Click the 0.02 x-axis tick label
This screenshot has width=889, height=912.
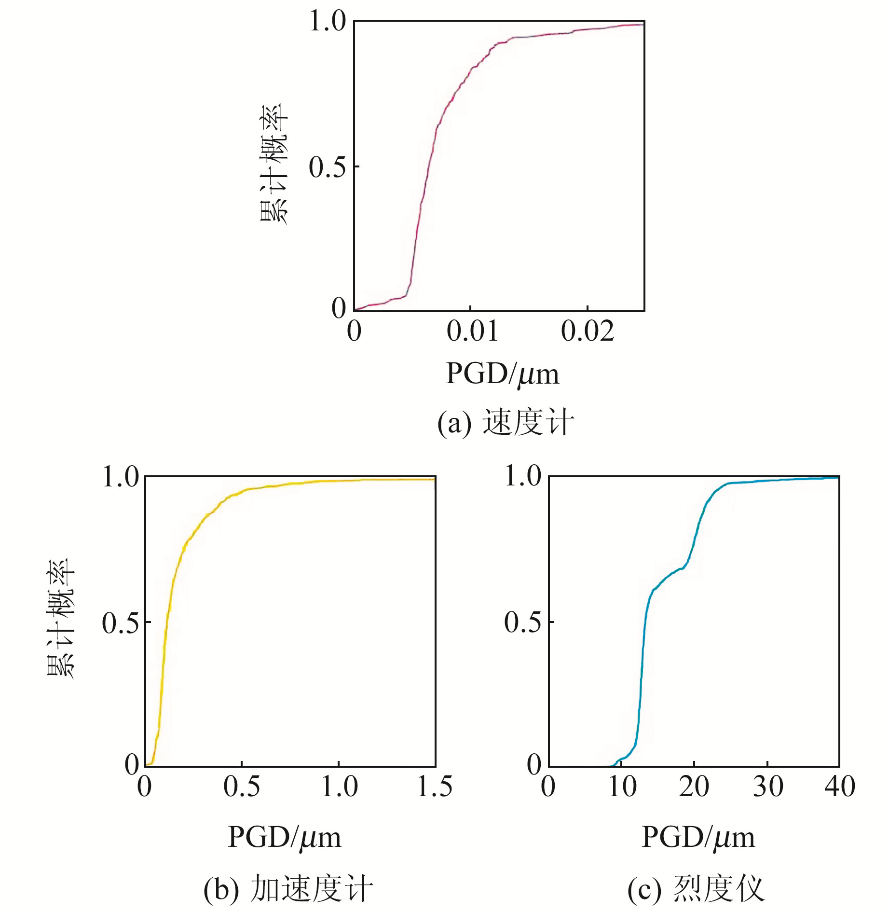click(588, 332)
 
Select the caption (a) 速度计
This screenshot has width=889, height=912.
click(505, 422)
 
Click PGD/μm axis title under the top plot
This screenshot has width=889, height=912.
click(502, 374)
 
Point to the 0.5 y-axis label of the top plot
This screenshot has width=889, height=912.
click(328, 167)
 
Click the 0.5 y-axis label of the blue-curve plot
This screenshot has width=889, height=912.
click(522, 622)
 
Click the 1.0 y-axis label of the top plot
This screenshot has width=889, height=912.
click(328, 22)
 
